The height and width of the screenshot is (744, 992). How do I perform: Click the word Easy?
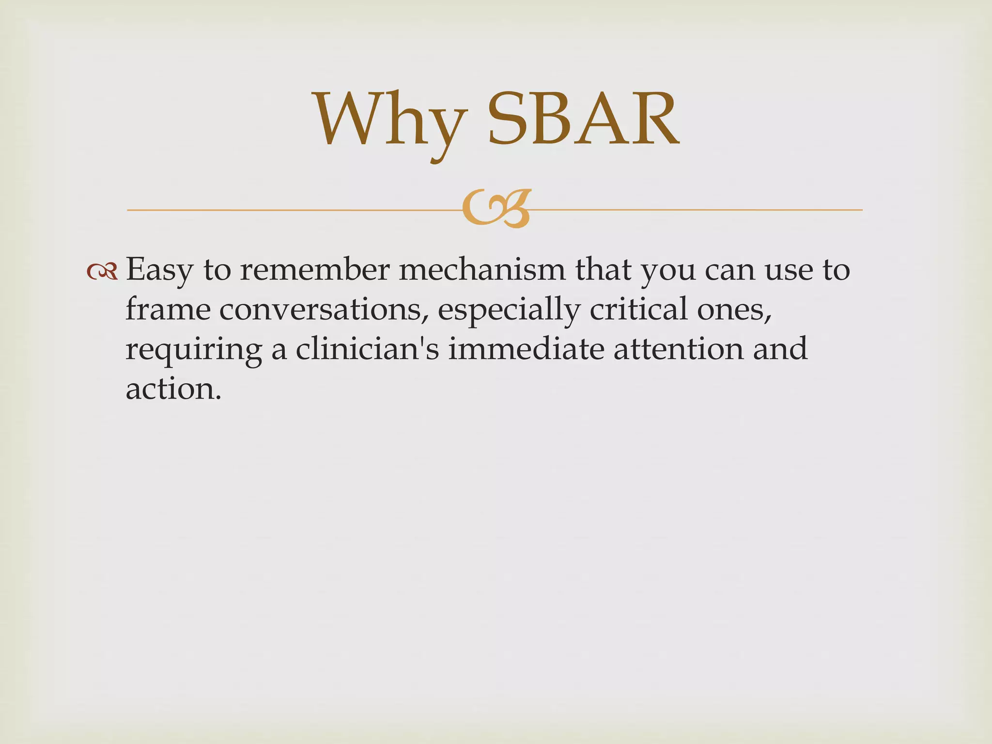point(159,270)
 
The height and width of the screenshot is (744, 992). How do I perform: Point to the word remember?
point(314,269)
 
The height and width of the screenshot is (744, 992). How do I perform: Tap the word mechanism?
point(482,269)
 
